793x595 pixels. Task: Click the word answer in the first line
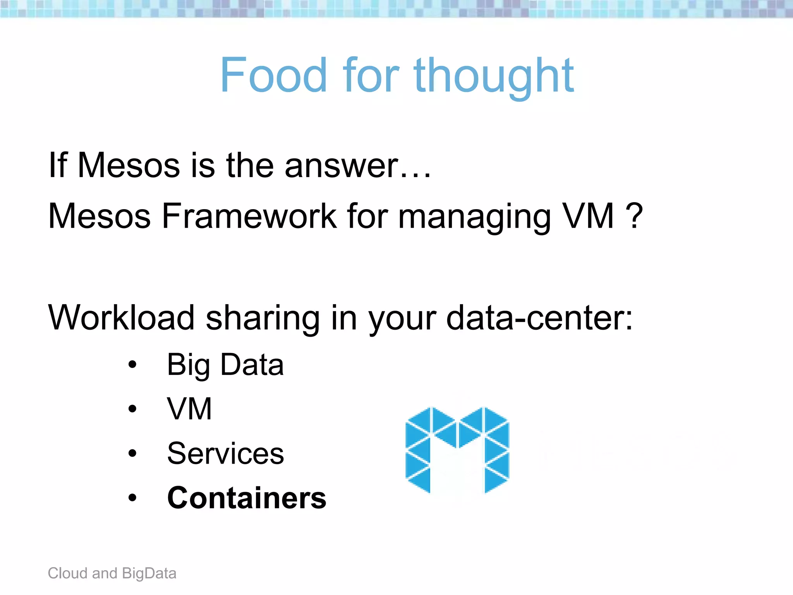342,166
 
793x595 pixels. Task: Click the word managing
474,217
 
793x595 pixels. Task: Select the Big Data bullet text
225,365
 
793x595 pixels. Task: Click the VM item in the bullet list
189,409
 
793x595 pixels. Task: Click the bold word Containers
247,498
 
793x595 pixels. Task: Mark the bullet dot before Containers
132,498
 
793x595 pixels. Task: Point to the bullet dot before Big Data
132,365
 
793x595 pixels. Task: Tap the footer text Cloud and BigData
112,573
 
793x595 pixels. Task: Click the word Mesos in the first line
129,166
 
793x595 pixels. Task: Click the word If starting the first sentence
58,166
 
